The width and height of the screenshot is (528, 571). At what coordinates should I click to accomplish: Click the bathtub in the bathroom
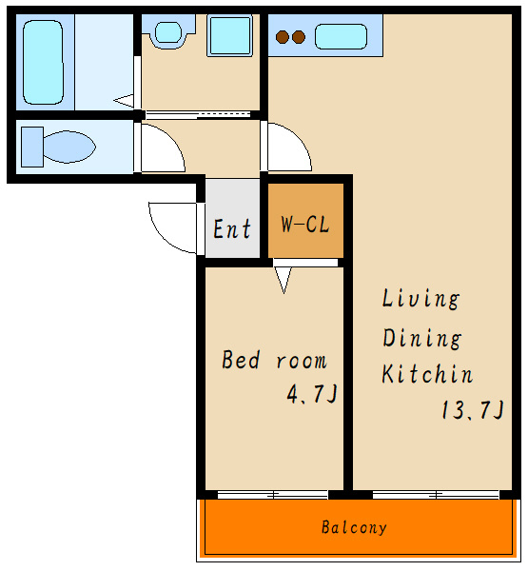43,62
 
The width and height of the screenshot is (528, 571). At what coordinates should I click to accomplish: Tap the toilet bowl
69,147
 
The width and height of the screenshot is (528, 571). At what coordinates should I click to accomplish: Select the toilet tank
32,147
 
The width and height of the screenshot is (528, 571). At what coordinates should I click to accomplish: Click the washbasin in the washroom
168,32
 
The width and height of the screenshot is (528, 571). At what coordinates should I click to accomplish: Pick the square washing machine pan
230,36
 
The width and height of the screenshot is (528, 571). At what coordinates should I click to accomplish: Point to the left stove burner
283,37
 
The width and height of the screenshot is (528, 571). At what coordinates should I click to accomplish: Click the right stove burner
299,37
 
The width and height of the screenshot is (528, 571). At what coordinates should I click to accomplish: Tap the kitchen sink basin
341,36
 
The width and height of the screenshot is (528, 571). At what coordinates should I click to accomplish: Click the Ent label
232,229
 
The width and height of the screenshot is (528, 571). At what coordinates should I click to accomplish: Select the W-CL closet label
305,225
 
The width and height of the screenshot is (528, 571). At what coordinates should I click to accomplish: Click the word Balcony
354,527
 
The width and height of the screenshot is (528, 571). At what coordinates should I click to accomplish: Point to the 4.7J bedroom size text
312,394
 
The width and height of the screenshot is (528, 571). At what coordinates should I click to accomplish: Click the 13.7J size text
472,409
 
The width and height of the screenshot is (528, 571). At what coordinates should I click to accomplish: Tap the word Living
420,299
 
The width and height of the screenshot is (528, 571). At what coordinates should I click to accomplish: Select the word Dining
422,338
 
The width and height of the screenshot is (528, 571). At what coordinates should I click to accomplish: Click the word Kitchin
427,373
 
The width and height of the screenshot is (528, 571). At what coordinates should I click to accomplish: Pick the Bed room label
274,360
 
